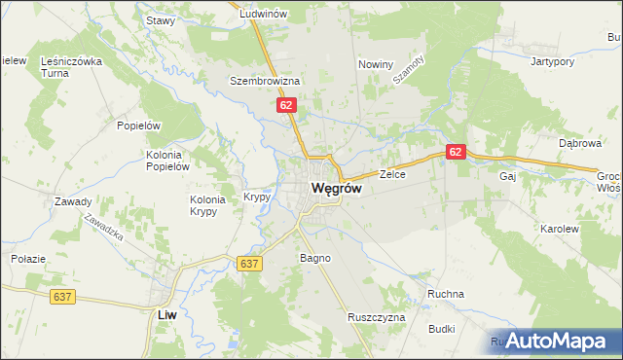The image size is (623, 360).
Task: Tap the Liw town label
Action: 166,315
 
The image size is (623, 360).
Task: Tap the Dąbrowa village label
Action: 580,142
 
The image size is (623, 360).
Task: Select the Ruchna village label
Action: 445,294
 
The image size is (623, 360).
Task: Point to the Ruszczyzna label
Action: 375,317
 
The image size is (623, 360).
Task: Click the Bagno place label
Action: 315,258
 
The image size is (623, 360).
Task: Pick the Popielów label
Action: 137,126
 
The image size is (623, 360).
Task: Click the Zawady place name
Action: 74,202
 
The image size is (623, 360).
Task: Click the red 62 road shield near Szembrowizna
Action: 285,103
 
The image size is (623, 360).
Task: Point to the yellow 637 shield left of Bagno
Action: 248,263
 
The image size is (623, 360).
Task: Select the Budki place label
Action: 441,329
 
